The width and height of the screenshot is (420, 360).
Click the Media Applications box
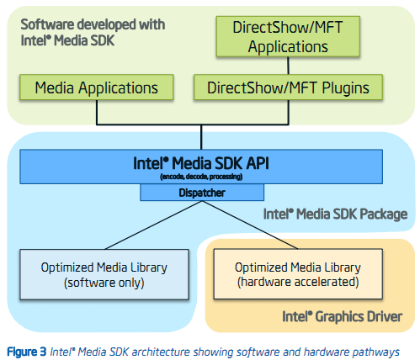point(97,87)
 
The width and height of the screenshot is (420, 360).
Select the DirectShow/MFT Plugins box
point(288,87)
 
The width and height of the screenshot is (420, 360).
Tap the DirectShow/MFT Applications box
point(288,36)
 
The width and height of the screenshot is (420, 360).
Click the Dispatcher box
point(202,193)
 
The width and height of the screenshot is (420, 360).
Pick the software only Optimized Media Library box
point(104,274)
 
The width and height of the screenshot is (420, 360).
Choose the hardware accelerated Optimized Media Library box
point(298,274)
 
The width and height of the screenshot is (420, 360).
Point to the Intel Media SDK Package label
point(335,214)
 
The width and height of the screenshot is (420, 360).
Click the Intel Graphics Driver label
point(343,317)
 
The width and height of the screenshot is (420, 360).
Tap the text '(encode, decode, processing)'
point(201,177)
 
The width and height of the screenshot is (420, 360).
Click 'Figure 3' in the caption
point(27,352)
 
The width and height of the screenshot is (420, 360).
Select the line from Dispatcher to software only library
point(153,225)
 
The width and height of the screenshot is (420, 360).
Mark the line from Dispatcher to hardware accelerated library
point(250,225)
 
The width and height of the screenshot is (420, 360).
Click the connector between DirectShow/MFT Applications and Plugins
point(288,66)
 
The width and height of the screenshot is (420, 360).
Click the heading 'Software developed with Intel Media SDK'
point(93,33)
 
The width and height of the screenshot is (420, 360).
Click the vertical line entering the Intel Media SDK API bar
point(201,137)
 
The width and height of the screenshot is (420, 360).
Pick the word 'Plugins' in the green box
point(345,88)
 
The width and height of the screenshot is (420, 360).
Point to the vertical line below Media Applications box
point(97,112)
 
